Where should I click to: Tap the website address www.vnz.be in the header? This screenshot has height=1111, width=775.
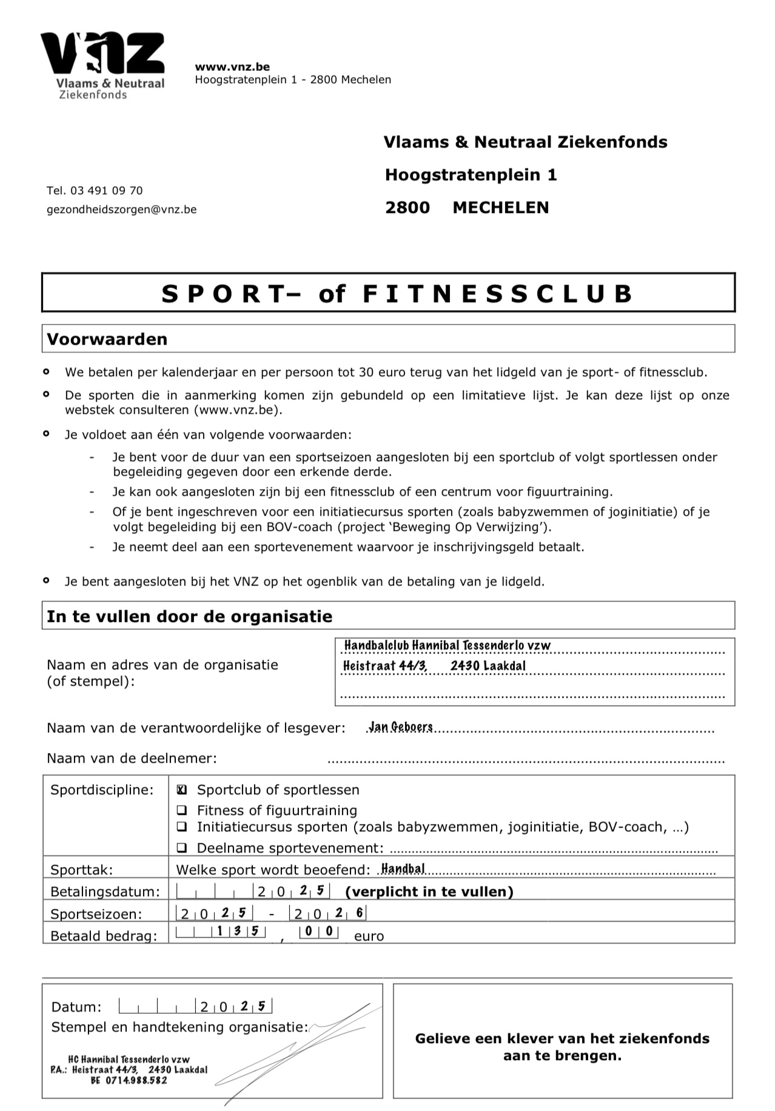232,67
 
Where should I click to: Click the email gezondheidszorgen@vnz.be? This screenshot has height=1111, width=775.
121,209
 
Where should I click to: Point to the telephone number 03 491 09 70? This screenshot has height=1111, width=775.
107,191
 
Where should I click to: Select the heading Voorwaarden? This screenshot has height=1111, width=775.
107,339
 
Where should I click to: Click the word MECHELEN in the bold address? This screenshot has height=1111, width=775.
500,208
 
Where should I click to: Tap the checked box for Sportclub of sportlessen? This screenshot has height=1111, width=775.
181,790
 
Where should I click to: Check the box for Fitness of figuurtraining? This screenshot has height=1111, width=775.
181,810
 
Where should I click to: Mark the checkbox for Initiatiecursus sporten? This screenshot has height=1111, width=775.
181,826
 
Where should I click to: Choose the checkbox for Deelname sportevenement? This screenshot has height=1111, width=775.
181,848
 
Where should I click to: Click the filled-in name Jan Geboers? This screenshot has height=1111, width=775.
401,727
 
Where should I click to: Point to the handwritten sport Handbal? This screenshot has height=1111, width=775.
403,869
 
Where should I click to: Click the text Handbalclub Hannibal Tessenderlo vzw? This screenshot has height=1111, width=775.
448,646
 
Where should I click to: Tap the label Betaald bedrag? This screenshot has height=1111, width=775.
103,936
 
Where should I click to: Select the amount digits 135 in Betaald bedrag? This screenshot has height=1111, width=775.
240,931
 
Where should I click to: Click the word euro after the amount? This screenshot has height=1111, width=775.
369,936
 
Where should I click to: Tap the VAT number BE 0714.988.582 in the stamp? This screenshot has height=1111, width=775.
129,1080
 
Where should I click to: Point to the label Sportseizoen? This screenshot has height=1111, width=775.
96,914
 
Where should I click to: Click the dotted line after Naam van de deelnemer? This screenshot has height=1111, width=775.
525,760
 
